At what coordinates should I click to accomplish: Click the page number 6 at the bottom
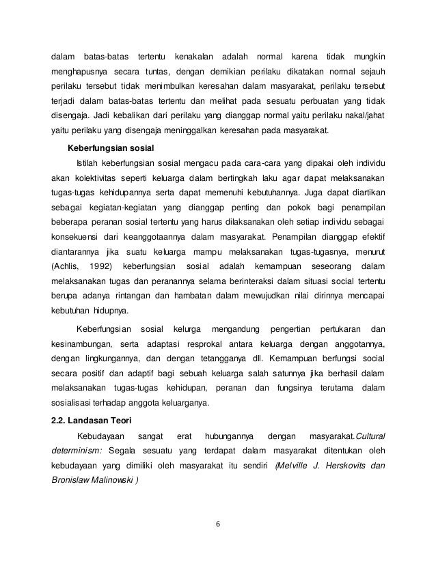point(218,525)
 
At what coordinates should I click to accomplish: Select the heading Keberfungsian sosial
point(109,147)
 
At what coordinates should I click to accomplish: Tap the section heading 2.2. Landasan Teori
point(93,419)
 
